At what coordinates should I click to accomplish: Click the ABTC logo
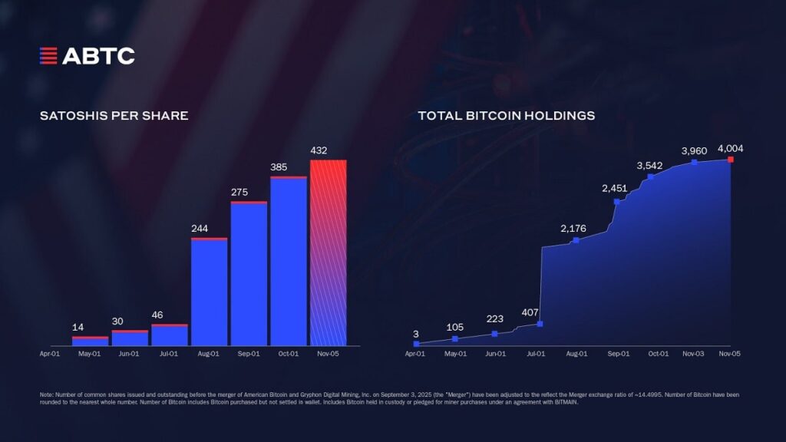pyautogui.click(x=87, y=55)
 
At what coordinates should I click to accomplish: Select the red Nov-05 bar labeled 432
pyautogui.click(x=328, y=252)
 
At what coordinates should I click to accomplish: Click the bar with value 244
pyautogui.click(x=209, y=292)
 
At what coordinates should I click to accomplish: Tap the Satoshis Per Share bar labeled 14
pyautogui.click(x=91, y=341)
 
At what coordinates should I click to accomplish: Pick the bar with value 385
pyautogui.click(x=289, y=261)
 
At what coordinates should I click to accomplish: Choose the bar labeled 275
pyautogui.click(x=249, y=273)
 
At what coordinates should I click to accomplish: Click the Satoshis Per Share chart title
pyautogui.click(x=114, y=116)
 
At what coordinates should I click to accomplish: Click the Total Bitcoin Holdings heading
pyautogui.click(x=506, y=116)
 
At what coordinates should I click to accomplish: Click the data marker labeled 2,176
pyautogui.click(x=576, y=241)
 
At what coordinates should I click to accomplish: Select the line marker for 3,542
pyautogui.click(x=650, y=176)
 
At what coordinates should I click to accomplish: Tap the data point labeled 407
pyautogui.click(x=540, y=324)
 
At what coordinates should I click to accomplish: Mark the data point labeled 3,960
pyautogui.click(x=694, y=162)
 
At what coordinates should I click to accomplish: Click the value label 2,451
pyautogui.click(x=615, y=188)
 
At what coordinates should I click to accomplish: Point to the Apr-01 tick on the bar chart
pyautogui.click(x=50, y=354)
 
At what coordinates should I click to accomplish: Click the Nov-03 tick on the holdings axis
pyautogui.click(x=693, y=354)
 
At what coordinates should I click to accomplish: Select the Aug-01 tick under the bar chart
pyautogui.click(x=209, y=354)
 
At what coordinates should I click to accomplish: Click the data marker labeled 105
pyautogui.click(x=455, y=338)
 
